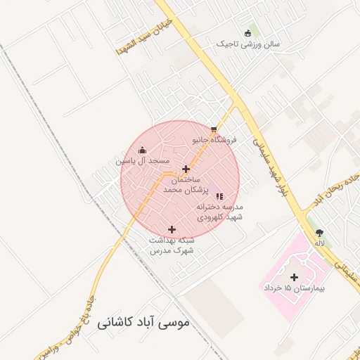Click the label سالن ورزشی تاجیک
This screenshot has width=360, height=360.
[247, 44]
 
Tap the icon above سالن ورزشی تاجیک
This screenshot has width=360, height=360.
[247, 33]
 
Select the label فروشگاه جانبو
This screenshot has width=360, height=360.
[214, 139]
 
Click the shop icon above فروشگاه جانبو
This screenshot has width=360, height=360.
[214, 129]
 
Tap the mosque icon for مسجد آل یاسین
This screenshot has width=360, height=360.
[143, 150]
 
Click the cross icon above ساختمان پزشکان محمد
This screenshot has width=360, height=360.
[186, 169]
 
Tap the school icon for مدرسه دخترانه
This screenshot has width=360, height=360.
[219, 196]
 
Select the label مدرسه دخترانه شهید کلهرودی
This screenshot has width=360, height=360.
[219, 212]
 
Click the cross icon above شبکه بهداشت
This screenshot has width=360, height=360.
[172, 229]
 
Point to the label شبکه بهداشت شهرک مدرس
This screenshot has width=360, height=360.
[172, 245]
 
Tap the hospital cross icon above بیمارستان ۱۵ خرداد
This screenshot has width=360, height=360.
[294, 277]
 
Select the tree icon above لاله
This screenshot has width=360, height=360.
[321, 233]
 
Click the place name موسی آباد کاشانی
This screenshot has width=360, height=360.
[146, 325]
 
